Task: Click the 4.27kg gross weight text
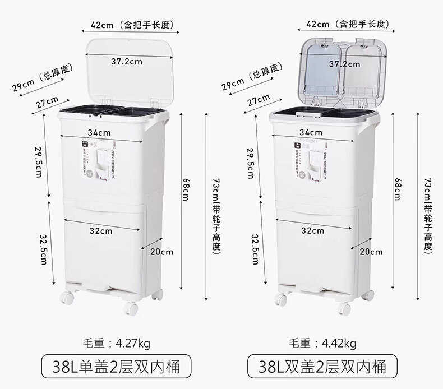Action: click(x=117, y=344)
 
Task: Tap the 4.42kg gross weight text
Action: click(x=322, y=344)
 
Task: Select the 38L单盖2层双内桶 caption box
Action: click(x=117, y=367)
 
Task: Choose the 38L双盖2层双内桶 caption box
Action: click(x=322, y=367)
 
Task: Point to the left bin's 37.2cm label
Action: click(x=126, y=62)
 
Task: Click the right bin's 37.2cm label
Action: click(x=344, y=64)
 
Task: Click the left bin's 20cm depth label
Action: click(x=161, y=252)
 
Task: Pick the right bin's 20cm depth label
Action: click(x=371, y=252)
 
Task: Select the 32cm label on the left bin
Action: click(x=101, y=230)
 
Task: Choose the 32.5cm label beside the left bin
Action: click(x=44, y=249)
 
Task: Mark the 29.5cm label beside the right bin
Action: click(x=251, y=163)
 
